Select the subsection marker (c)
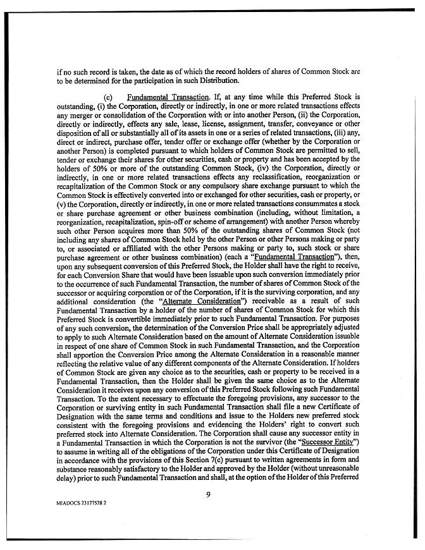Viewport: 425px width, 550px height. (x=107, y=97)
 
